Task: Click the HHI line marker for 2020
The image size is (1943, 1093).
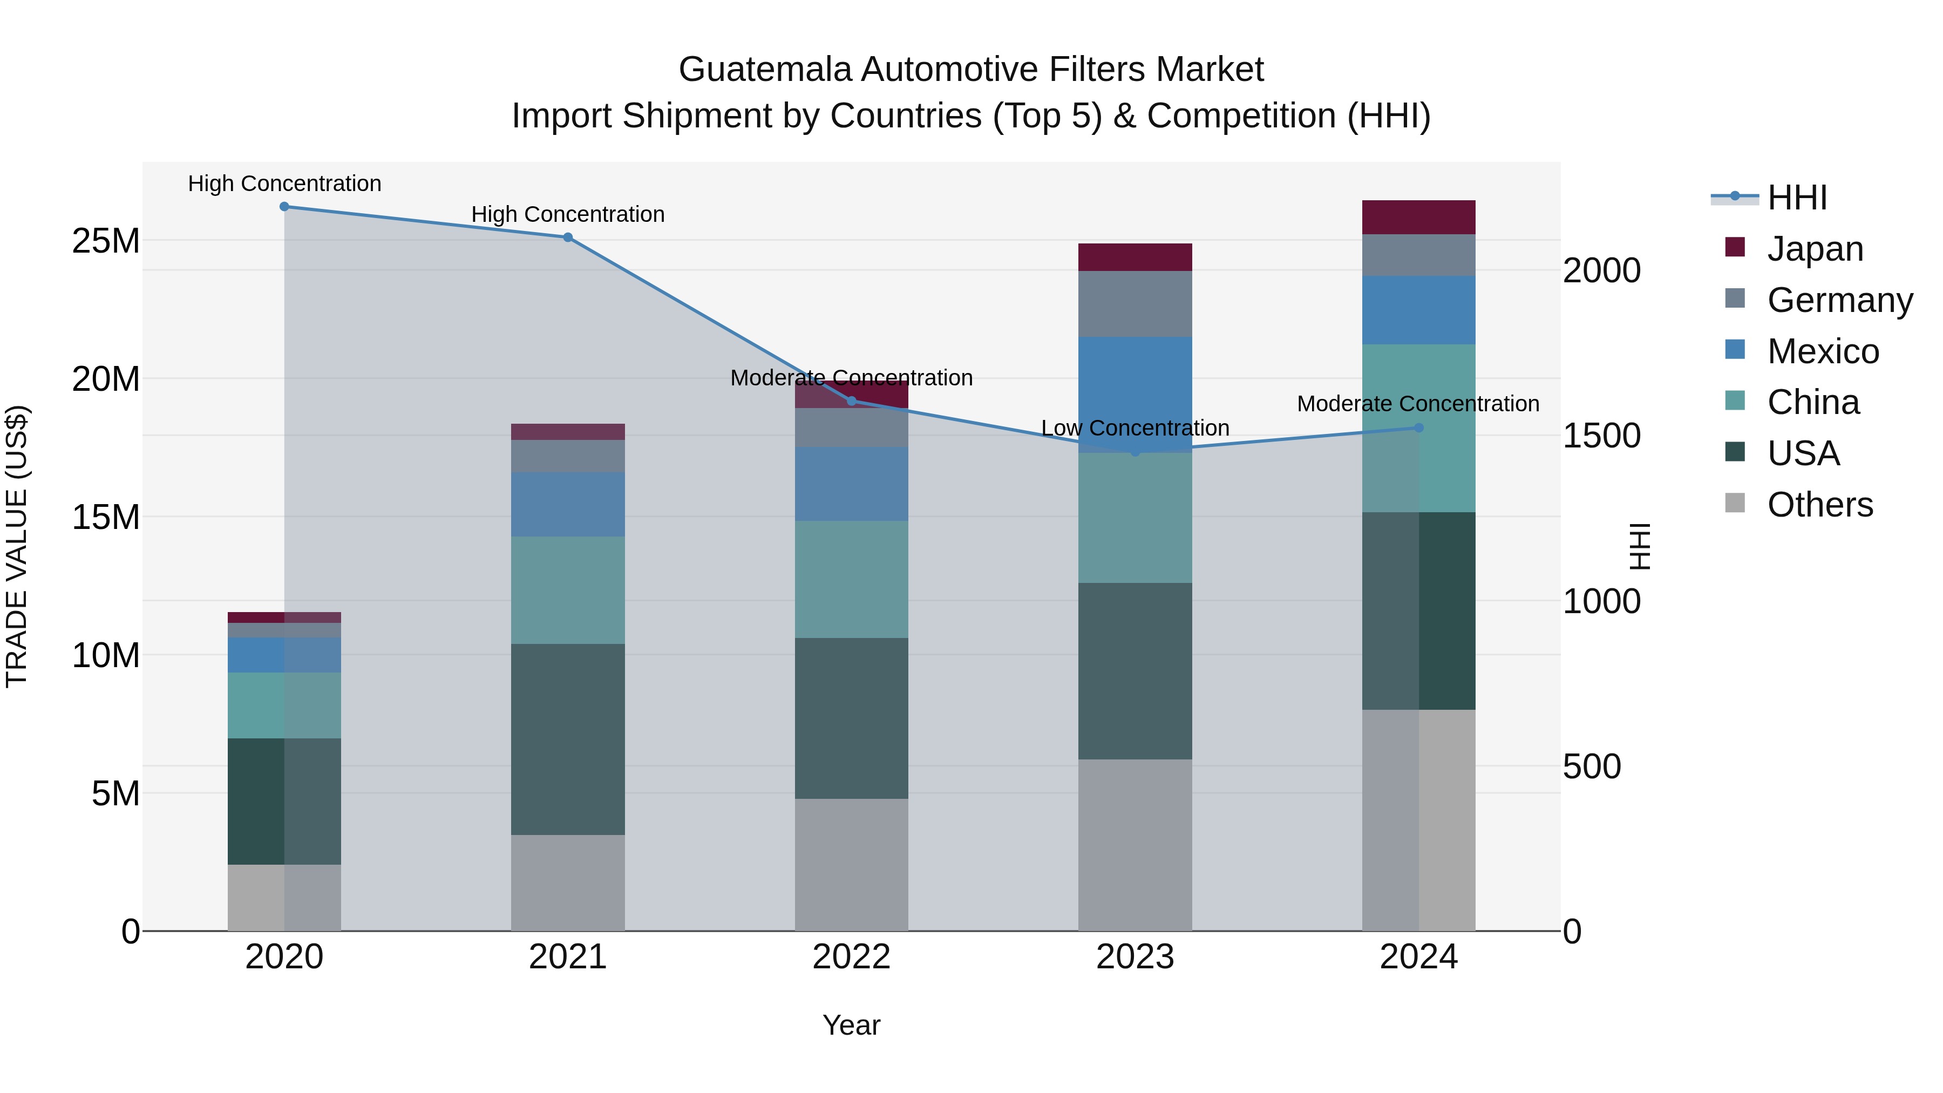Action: (284, 207)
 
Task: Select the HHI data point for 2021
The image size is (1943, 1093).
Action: (568, 237)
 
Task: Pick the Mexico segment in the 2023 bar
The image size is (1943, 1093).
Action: (1135, 392)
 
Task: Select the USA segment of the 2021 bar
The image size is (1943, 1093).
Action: (568, 739)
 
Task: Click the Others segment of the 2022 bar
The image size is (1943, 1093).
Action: (852, 865)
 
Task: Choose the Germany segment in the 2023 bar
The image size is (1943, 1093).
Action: (1135, 304)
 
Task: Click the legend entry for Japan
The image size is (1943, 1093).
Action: (1815, 249)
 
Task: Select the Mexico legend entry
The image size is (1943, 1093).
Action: (1822, 351)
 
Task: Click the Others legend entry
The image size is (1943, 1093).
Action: (1819, 505)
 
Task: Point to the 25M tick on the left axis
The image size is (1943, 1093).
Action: (106, 241)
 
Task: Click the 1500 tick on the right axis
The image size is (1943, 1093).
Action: (1601, 436)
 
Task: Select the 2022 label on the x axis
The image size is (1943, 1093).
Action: (852, 957)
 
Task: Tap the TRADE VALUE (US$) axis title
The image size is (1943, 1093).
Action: (17, 546)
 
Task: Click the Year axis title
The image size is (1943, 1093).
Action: (852, 1025)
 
